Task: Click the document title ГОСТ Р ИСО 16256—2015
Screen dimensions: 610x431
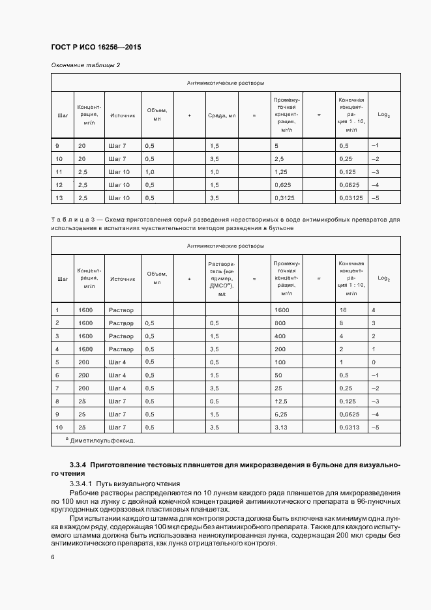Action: (96, 48)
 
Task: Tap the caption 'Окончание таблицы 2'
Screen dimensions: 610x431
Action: (85, 65)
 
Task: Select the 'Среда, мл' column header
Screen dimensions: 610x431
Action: (222, 115)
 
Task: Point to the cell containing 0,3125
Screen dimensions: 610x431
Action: (285, 197)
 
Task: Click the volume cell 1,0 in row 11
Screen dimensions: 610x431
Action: (150, 171)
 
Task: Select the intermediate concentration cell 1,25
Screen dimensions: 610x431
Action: (281, 171)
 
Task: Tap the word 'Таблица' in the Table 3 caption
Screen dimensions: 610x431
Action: (66, 220)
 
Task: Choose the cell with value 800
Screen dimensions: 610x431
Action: (280, 323)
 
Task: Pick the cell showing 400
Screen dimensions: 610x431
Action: (280, 336)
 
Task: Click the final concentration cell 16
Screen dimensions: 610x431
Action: (343, 311)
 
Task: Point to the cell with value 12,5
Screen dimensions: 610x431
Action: (282, 401)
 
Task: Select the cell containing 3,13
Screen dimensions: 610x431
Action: (281, 428)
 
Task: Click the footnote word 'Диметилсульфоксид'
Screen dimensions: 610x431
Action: (102, 441)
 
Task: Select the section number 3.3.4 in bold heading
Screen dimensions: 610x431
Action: (77, 465)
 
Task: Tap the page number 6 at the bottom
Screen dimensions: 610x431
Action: (52, 557)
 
